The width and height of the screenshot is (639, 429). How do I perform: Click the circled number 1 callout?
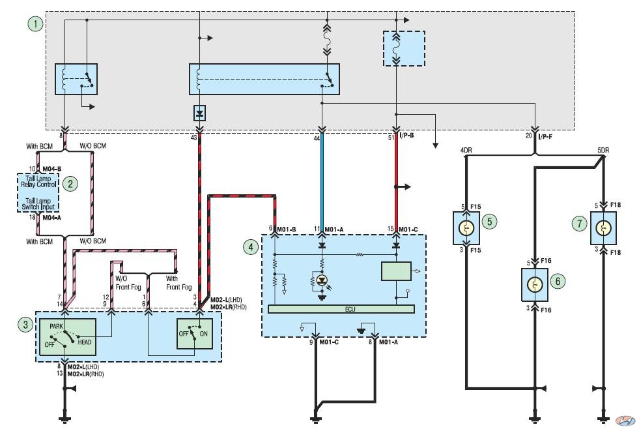(x=35, y=23)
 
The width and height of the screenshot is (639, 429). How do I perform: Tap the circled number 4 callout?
(x=251, y=246)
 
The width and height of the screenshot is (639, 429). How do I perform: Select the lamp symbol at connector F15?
(x=466, y=228)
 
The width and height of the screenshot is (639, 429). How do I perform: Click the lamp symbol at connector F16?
(x=535, y=285)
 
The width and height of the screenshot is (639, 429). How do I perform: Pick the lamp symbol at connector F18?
(x=603, y=228)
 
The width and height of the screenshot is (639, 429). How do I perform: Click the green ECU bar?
(x=341, y=309)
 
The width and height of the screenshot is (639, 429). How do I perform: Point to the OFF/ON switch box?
(x=194, y=334)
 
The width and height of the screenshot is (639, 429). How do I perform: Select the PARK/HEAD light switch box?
(x=68, y=337)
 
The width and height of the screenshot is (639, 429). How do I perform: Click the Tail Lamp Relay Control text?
(x=38, y=181)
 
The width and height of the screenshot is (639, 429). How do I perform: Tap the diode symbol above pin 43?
(x=199, y=113)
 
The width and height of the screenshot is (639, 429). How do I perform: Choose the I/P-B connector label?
(x=406, y=135)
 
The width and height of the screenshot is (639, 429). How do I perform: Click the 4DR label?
(x=466, y=150)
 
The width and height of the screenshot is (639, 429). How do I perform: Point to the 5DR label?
(x=603, y=150)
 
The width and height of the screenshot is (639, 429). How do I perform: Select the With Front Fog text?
(x=178, y=282)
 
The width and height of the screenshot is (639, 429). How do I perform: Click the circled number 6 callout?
(x=558, y=281)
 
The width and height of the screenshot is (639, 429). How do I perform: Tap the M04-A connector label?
(x=51, y=217)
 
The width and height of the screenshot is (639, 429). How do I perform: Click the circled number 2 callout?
(x=70, y=184)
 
